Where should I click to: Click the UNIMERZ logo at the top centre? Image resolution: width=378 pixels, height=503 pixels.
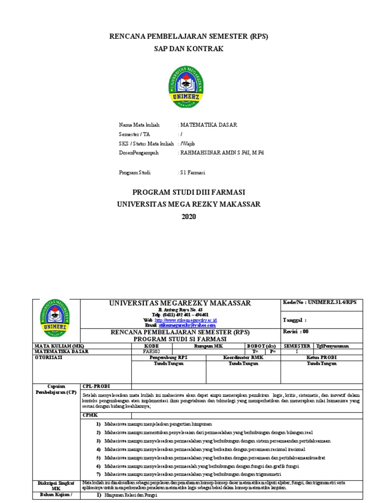(189, 87)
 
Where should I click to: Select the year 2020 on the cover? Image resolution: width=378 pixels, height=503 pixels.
(189, 217)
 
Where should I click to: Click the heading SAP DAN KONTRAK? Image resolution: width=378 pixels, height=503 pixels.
(189, 49)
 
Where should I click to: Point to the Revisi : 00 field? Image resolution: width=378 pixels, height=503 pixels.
(296, 332)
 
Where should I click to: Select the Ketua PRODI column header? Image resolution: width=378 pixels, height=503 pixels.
(321, 358)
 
